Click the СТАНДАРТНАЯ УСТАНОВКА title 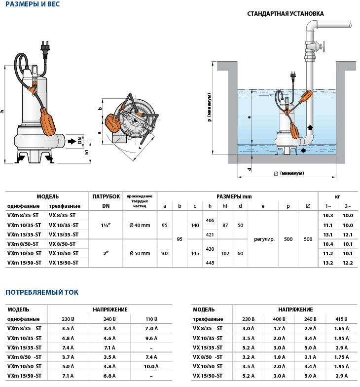pyautogui.click(x=285, y=14)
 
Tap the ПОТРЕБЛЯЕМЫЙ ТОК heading pyautogui.click(x=41, y=292)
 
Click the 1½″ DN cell pyautogui.click(x=105, y=225)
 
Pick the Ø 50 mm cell pyautogui.click(x=140, y=253)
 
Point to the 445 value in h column pyautogui.click(x=210, y=263)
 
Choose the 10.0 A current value pyautogui.click(x=151, y=366)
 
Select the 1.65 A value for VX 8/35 pyautogui.click(x=339, y=328)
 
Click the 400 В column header pyautogui.click(x=279, y=319)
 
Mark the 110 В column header pyautogui.click(x=151, y=319)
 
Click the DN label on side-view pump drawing pyautogui.click(x=79, y=141)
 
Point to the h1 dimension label pyautogui.click(x=87, y=152)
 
